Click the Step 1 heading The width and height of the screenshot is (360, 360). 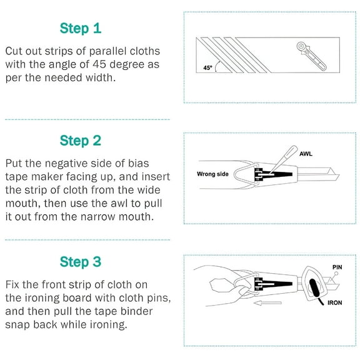(81, 29)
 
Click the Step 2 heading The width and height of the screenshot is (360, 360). (81, 141)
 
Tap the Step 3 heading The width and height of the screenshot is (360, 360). (81, 262)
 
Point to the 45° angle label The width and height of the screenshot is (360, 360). (207, 67)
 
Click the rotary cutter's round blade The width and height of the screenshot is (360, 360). (301, 46)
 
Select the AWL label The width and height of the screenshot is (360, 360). (306, 154)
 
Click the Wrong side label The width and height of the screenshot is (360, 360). (212, 174)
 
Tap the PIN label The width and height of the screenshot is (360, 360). (337, 267)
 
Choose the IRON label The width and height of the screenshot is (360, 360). (335, 303)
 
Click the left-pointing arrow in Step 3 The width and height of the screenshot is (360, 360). (267, 303)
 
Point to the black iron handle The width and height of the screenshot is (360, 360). (314, 288)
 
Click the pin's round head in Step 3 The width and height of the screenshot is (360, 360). (336, 274)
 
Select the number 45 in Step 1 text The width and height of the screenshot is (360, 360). (99, 64)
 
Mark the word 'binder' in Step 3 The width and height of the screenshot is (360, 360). (137, 311)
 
